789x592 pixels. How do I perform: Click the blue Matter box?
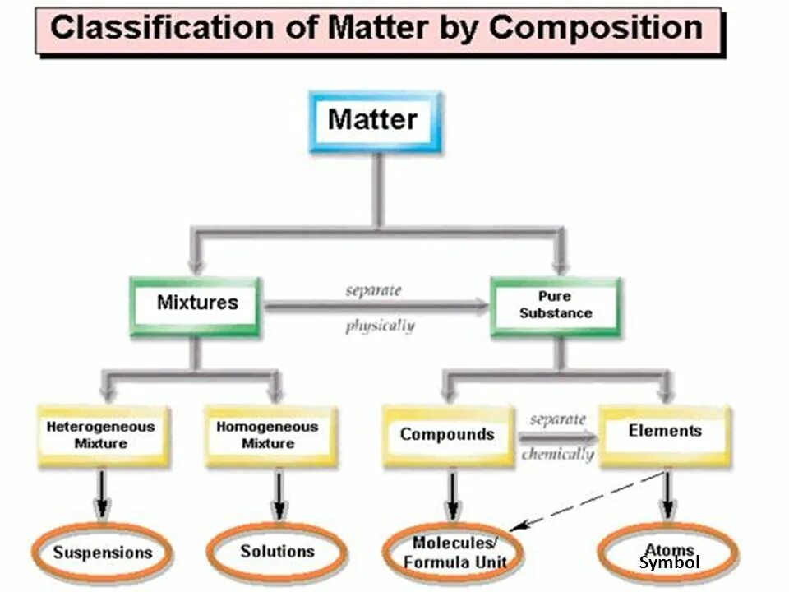pos(374,121)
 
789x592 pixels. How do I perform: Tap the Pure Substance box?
pos(555,305)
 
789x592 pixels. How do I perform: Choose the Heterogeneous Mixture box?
pos(101,435)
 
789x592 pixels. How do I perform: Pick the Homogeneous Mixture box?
pos(268,435)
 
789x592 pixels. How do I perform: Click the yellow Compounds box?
pos(447,435)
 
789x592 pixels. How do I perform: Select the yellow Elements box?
pos(664,432)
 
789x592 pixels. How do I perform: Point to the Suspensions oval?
pos(103,552)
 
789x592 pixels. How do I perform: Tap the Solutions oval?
pos(277,551)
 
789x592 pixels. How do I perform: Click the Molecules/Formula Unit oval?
pos(454,553)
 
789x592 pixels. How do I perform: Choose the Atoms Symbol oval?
pos(668,555)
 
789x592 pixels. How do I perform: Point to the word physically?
pos(380,326)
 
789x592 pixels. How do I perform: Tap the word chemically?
pos(557,453)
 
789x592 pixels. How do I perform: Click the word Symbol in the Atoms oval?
pos(669,563)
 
